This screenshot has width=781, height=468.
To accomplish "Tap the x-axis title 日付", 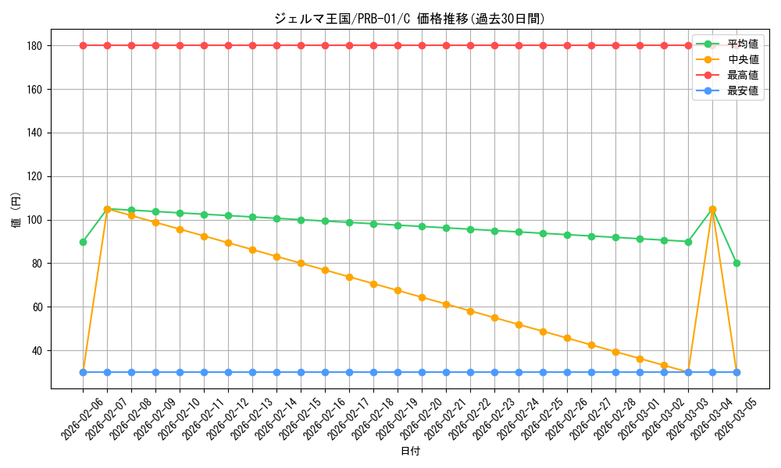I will (x=409, y=452).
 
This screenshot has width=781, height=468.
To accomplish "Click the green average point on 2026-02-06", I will (x=83, y=242).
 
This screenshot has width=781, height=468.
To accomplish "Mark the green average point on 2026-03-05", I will (x=736, y=264).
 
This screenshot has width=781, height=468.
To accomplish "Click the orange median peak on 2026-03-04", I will (x=712, y=209).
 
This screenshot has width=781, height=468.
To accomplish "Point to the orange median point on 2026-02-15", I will (x=301, y=264).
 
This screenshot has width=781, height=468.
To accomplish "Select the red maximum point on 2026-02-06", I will (x=83, y=45).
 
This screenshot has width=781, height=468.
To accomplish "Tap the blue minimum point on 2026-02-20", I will (x=422, y=372).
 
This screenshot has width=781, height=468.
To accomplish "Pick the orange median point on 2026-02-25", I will (x=543, y=331).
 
